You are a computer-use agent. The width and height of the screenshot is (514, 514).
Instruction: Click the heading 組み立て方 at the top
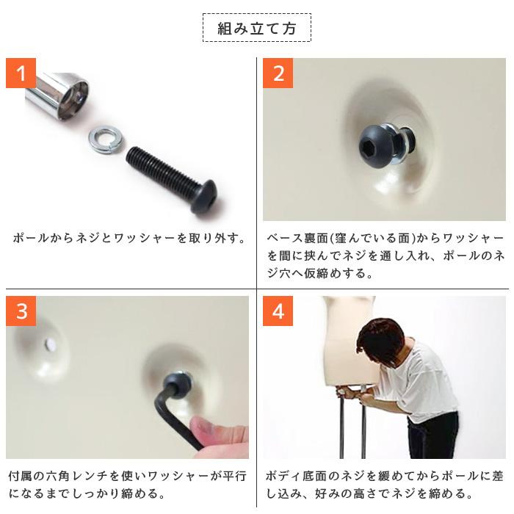(256, 29)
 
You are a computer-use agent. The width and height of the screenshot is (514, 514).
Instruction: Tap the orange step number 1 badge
(21, 73)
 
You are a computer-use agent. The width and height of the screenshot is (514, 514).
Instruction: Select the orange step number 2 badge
(278, 73)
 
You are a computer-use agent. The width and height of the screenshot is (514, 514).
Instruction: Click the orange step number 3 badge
(21, 311)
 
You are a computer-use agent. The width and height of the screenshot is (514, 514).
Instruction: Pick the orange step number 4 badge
(278, 311)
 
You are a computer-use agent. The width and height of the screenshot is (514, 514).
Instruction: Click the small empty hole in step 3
(51, 343)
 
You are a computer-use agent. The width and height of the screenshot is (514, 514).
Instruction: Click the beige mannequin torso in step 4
(345, 345)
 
